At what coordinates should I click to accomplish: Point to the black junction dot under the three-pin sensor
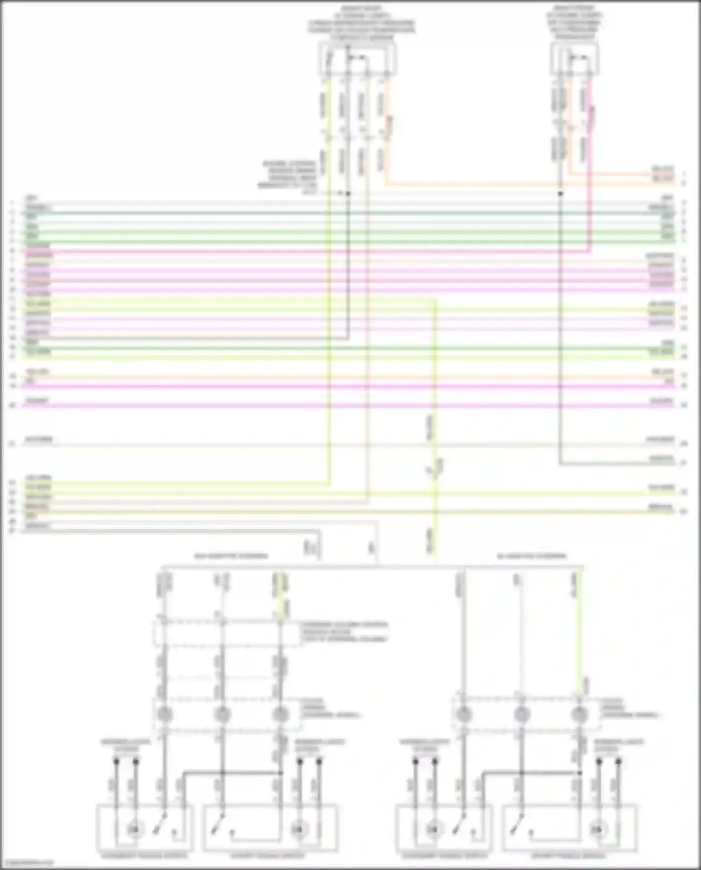pos(560,193)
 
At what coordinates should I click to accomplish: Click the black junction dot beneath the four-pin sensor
pos(348,193)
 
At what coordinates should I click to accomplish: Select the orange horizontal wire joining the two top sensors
pos(467,185)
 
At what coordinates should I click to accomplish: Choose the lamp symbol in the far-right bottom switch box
pos(597,830)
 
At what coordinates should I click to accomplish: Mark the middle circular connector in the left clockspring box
pos(222,714)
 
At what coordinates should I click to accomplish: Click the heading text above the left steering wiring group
pos(231,556)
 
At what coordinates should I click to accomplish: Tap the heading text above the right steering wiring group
pos(531,556)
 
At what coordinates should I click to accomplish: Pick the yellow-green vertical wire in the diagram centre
pos(436,421)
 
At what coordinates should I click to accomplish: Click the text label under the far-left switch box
pos(145,856)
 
